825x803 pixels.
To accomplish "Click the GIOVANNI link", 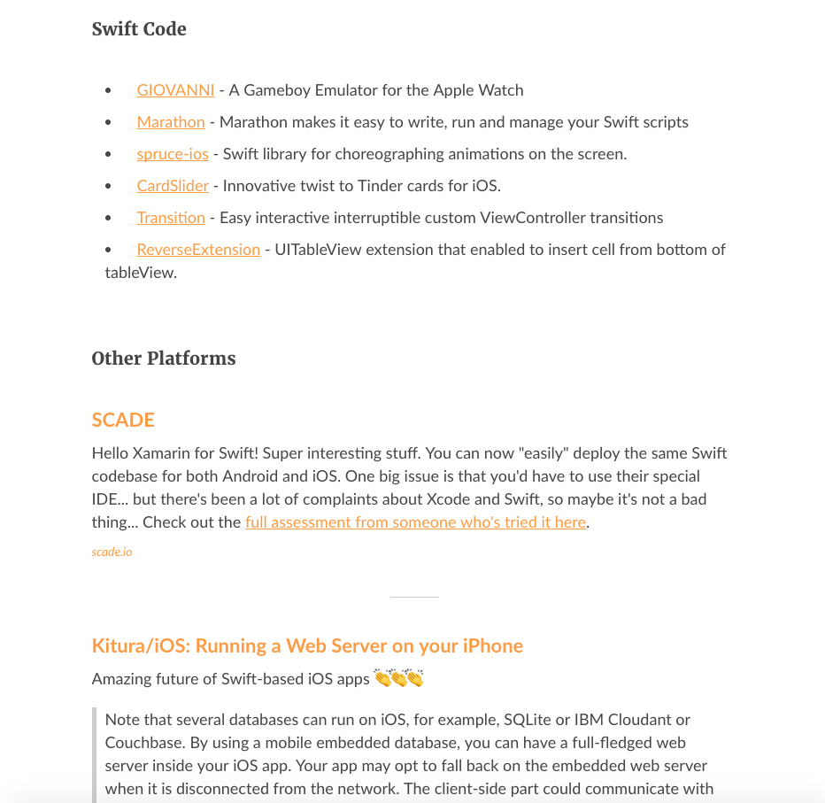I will pos(175,90).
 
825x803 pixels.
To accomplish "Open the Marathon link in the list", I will pos(171,122).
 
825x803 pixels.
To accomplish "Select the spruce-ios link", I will pos(173,154).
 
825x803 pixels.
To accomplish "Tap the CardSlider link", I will pos(173,186).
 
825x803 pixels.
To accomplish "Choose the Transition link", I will pos(171,218).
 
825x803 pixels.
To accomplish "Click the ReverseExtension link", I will pos(198,250).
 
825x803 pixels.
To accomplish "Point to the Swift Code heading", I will pos(139,29).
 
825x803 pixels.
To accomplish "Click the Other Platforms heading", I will pos(164,359).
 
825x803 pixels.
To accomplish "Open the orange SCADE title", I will pos(123,420).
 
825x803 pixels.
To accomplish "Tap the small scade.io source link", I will pos(112,552).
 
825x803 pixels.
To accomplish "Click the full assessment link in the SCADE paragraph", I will pos(415,522).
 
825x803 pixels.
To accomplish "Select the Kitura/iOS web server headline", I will pos(307,646).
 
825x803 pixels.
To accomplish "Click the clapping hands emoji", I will pos(398,679).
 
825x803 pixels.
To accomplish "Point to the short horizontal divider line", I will pos(414,598).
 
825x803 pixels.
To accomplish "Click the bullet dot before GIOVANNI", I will pos(109,91).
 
